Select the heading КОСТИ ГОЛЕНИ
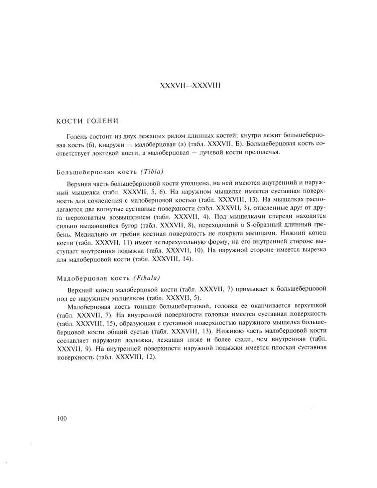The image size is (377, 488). point(88,121)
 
